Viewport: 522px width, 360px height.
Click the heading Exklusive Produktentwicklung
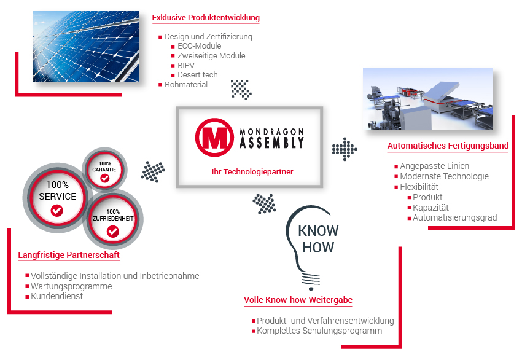coord(206,18)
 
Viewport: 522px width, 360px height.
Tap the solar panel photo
coord(86,47)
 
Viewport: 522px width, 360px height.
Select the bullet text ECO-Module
coord(199,46)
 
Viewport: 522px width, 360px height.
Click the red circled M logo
coord(214,137)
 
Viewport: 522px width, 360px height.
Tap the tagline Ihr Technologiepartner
coord(252,172)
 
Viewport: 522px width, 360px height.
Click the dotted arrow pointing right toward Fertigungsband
coord(345,149)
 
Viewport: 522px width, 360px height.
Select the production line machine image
coord(428,100)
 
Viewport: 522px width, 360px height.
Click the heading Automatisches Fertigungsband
coord(448,146)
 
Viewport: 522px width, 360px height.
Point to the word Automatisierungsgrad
coord(454,218)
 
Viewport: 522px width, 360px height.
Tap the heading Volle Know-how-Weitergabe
coord(298,300)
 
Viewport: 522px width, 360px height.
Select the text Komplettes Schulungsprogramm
coord(319,331)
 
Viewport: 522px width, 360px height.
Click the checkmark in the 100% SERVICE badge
coord(57,211)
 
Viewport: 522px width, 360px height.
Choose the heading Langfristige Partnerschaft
coord(69,255)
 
